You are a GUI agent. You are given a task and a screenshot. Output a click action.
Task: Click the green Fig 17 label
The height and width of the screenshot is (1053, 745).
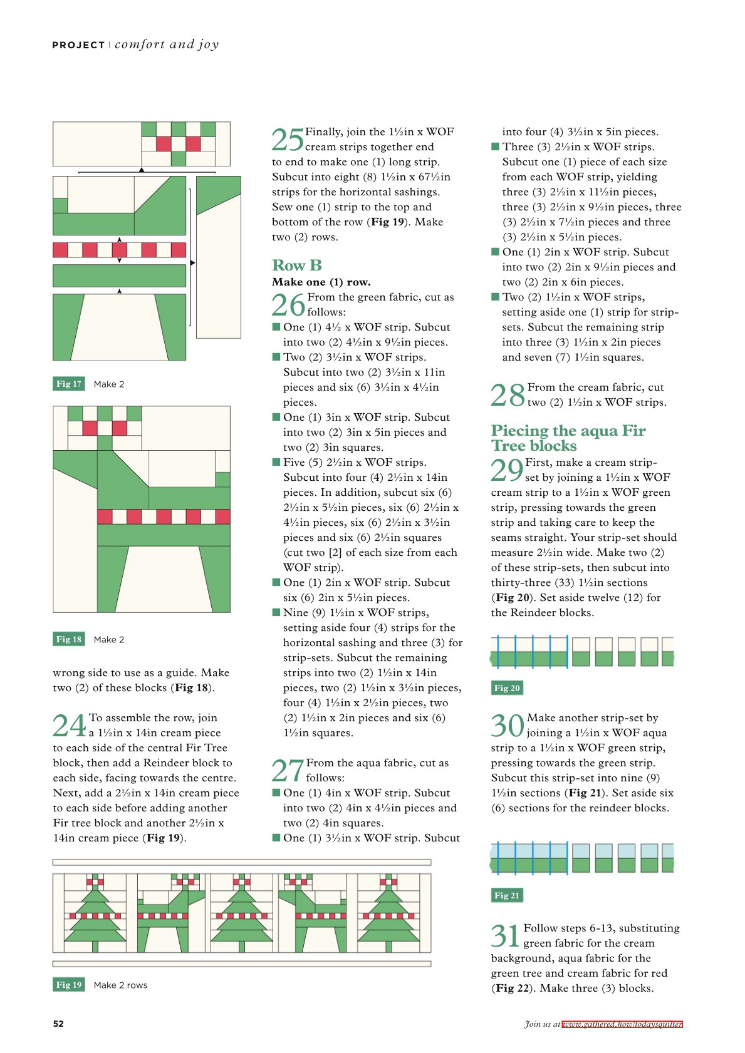69,384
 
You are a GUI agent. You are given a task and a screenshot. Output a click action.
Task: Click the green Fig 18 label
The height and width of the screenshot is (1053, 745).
69,639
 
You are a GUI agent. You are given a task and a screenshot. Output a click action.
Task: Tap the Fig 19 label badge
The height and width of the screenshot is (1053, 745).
69,984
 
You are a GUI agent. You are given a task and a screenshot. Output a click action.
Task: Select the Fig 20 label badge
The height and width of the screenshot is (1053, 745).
507,688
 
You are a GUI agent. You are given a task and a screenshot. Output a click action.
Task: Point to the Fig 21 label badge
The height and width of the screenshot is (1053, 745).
507,895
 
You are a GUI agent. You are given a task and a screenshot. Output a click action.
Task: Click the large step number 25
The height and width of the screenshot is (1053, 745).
288,140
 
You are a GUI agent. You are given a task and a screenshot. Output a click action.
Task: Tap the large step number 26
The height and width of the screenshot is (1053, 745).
288,305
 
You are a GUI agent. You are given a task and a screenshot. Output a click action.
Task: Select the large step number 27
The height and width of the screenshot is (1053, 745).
288,771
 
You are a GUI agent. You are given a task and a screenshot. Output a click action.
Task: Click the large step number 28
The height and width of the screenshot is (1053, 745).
508,395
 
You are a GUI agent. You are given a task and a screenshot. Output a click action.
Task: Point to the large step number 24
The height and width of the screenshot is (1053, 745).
70,726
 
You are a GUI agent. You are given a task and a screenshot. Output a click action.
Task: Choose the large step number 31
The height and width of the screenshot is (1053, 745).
506,936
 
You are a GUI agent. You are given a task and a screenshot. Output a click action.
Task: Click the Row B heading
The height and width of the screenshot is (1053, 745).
297,265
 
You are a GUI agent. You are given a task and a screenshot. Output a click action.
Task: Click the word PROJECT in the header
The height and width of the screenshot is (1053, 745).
78,45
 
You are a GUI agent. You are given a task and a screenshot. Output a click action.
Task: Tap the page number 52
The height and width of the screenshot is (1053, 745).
58,1024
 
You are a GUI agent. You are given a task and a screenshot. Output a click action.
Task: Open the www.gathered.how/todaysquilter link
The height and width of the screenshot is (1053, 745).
622,1024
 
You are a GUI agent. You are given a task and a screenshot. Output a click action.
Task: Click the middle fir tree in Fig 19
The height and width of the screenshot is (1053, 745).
242,913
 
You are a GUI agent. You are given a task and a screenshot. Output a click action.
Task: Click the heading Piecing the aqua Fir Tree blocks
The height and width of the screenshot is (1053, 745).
568,438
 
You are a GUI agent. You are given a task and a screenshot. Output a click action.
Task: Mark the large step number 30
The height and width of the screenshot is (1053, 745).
508,726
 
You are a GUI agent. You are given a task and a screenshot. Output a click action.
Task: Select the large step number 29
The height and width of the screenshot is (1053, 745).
508,470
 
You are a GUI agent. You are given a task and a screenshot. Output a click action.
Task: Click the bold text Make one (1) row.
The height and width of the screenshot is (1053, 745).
321,282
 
